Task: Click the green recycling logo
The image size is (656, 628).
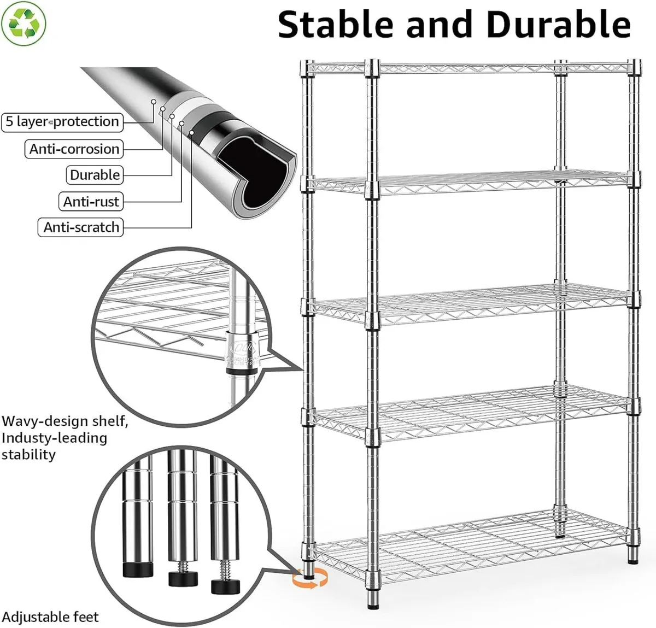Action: click(x=24, y=22)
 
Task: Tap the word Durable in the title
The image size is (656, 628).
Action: click(x=558, y=25)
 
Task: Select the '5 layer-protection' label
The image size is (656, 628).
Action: click(x=62, y=121)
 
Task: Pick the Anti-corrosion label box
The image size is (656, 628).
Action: click(x=74, y=149)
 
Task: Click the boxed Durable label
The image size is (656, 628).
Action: click(x=95, y=175)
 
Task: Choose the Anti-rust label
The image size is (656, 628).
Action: click(x=91, y=202)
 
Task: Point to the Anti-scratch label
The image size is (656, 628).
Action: click(x=81, y=227)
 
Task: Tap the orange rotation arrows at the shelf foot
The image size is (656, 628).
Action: click(x=309, y=578)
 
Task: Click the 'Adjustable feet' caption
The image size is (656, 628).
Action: click(x=50, y=617)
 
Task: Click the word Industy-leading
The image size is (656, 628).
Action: click(x=54, y=438)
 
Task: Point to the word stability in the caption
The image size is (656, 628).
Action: click(x=28, y=455)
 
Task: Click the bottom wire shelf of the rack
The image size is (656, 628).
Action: click(x=470, y=547)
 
